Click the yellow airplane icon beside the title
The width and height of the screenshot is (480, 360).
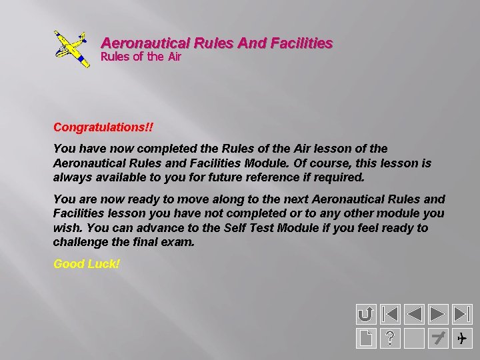[x=71, y=49]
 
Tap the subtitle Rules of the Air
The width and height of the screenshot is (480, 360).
[x=141, y=57]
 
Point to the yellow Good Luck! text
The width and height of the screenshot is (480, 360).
[x=87, y=264]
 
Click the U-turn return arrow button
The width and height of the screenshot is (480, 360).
[x=365, y=313]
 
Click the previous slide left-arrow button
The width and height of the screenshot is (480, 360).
[x=414, y=313]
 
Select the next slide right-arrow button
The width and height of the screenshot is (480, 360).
[x=438, y=313]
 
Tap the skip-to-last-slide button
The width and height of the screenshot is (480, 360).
[x=462, y=313]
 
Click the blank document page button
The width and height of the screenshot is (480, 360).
[x=365, y=338]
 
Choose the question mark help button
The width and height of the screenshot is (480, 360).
[x=389, y=338]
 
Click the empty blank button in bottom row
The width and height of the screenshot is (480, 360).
[x=414, y=338]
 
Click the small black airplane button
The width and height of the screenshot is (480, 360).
[x=462, y=338]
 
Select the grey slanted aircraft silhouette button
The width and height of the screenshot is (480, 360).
[x=438, y=338]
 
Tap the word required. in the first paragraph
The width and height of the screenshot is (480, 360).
[x=341, y=177]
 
